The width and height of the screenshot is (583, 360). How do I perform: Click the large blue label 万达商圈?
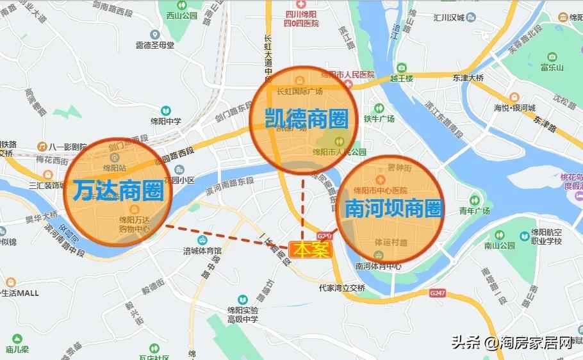click(119, 191)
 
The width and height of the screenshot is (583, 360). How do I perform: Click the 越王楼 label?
click(401, 78)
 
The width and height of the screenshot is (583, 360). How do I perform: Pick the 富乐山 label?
click(552, 67)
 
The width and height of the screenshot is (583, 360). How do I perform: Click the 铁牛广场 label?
click(379, 119)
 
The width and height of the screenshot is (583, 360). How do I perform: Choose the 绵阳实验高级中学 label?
click(242, 315)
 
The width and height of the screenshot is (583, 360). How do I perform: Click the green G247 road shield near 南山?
click(438, 293)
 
